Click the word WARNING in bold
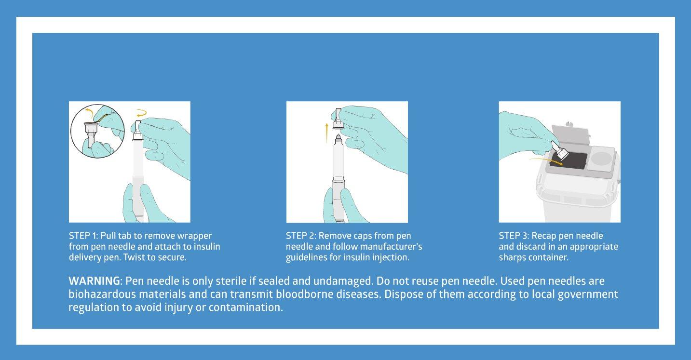(94, 281)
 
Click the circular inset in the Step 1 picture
(97, 131)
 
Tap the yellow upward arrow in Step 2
(327, 133)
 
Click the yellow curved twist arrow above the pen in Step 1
(142, 113)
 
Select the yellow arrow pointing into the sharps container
(546, 161)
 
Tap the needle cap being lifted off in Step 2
(339, 119)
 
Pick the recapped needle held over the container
(559, 150)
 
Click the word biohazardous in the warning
(102, 294)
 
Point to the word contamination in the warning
(245, 307)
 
